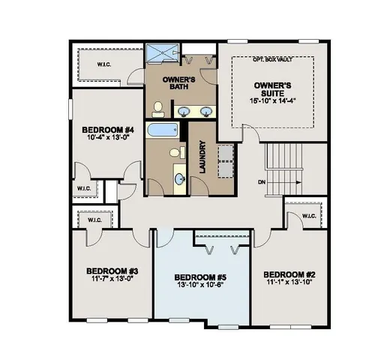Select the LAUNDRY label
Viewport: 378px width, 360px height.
(x=201, y=160)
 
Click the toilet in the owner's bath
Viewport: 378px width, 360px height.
(x=157, y=111)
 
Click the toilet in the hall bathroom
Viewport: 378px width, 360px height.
(x=175, y=154)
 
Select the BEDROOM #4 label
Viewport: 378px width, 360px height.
(x=106, y=129)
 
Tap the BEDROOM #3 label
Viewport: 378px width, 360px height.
(x=111, y=271)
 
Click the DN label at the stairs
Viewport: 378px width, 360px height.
(x=260, y=182)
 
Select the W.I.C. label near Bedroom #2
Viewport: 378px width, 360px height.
(x=309, y=216)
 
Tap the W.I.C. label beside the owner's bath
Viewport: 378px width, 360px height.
(x=103, y=64)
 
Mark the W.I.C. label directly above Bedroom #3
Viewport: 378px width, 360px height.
(x=94, y=220)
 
